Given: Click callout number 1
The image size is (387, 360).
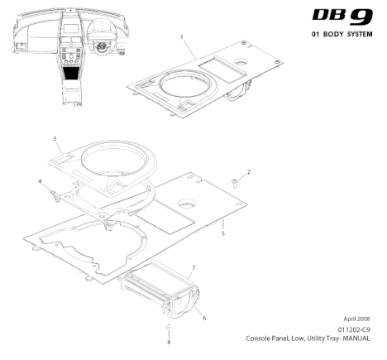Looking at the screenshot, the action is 182,36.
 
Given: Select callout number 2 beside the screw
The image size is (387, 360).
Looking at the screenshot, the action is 249,172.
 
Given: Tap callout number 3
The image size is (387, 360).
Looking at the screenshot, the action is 55,138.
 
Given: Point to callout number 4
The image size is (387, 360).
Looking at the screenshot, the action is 40,181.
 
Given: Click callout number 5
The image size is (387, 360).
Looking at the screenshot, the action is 223,233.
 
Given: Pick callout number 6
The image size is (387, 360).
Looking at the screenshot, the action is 204,318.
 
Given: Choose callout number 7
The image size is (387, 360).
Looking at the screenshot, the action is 193,268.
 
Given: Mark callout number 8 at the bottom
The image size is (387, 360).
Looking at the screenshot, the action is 169,343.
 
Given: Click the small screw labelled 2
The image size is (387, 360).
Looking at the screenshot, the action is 235,183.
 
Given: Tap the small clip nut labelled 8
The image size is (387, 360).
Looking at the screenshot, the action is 169,326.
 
